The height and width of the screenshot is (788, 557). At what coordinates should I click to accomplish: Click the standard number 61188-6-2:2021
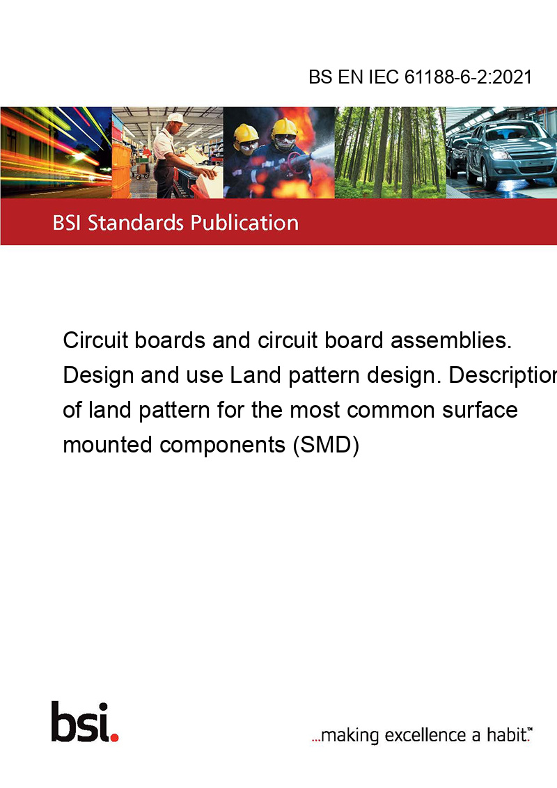click(x=468, y=77)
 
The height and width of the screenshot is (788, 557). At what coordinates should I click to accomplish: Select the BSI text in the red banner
click(x=67, y=223)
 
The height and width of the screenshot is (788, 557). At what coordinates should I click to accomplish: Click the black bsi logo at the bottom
click(x=81, y=722)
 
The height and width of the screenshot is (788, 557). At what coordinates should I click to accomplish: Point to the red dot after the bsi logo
click(x=115, y=737)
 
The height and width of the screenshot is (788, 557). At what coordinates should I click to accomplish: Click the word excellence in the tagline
click(x=425, y=735)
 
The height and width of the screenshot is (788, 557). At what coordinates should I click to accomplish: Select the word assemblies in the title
click(x=451, y=340)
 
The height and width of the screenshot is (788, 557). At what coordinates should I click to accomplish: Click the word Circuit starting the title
click(x=95, y=340)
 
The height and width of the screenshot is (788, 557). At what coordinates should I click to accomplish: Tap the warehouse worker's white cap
click(x=175, y=118)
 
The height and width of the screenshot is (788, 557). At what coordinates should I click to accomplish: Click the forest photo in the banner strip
click(x=390, y=152)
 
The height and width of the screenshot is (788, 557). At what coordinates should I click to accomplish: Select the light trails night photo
click(x=56, y=152)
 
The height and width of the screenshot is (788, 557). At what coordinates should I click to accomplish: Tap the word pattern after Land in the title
click(x=324, y=375)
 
